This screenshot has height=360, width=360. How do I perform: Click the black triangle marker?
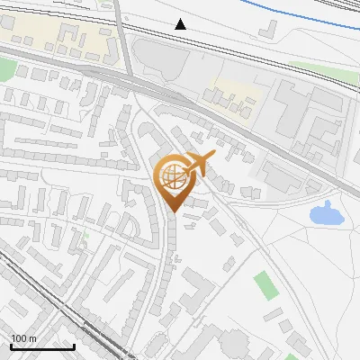pyautogui.click(x=181, y=24)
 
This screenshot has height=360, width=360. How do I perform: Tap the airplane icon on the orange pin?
pyautogui.click(x=200, y=164)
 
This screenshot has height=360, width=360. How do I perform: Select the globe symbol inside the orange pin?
pyautogui.click(x=170, y=175)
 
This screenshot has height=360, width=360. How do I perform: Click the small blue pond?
pyautogui.click(x=323, y=214)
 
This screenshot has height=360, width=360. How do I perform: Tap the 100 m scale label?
pyautogui.click(x=23, y=338)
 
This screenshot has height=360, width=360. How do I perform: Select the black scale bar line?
pyautogui.click(x=42, y=346)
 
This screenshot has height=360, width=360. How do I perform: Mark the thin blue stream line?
pyautogui.click(x=270, y=13)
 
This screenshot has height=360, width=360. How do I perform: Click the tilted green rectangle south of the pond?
pyautogui.click(x=265, y=285)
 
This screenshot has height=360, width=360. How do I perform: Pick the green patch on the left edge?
pyautogui.click(x=6, y=68)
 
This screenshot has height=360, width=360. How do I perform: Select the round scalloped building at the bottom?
pyautogui.click(x=236, y=345)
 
